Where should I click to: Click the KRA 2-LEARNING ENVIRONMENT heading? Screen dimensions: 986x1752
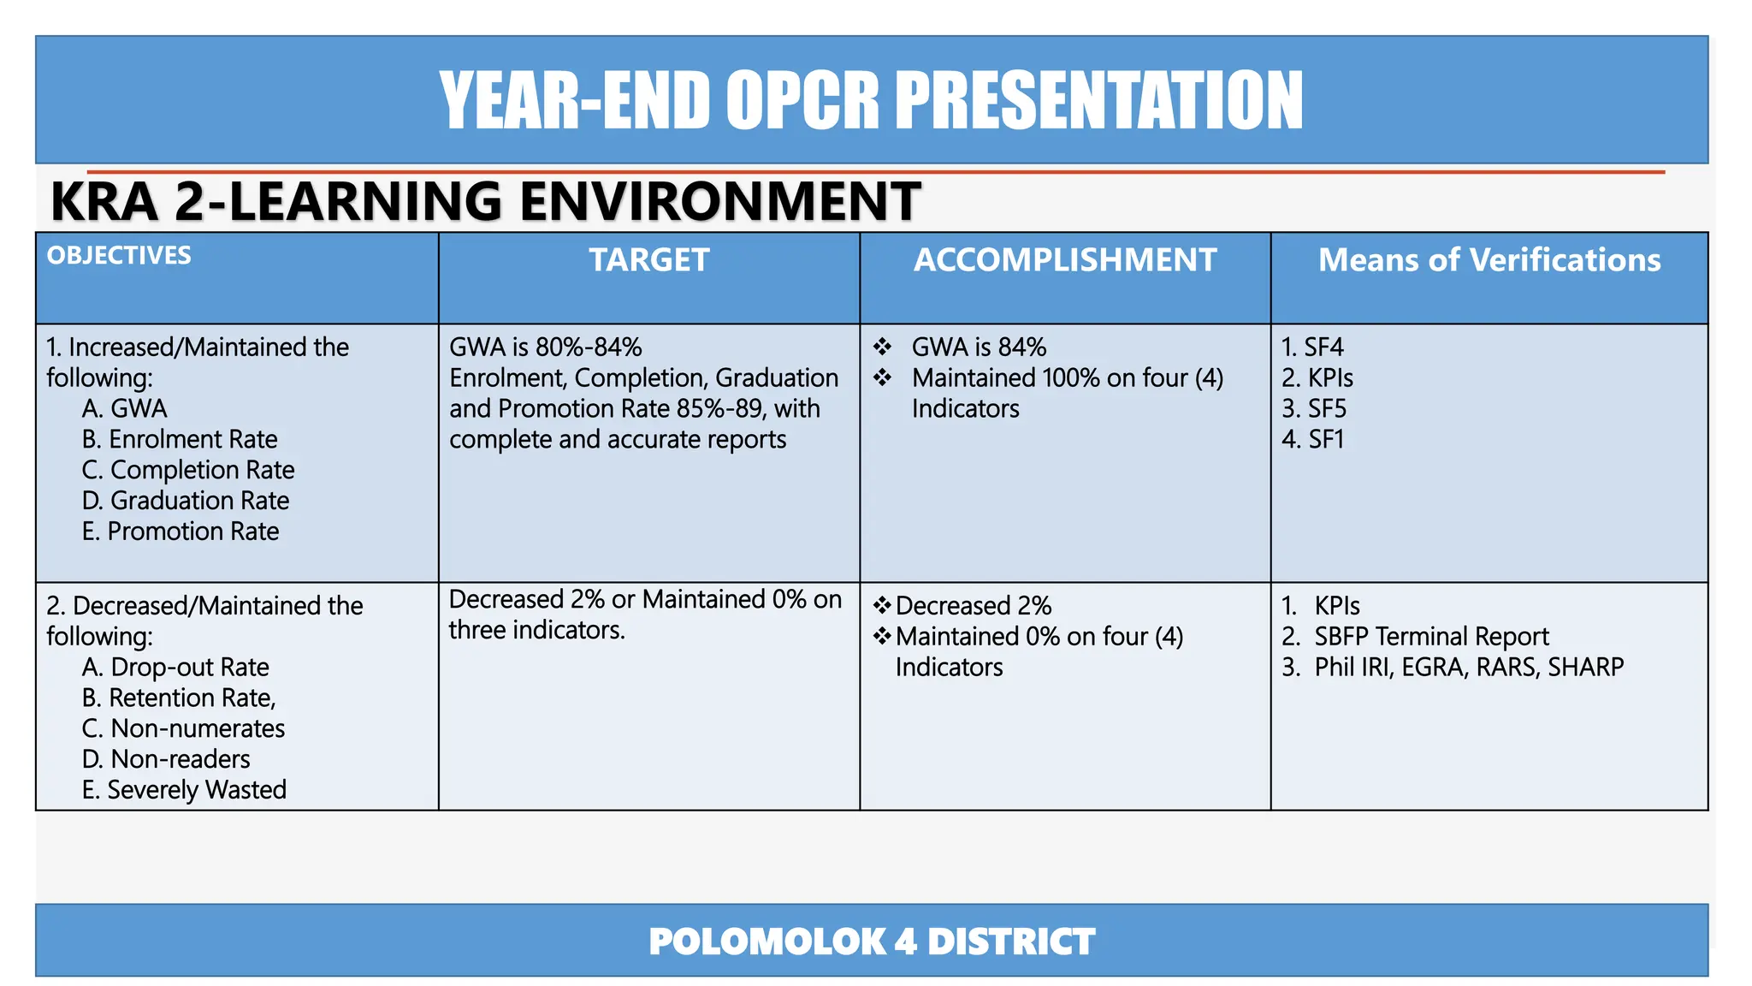(x=485, y=202)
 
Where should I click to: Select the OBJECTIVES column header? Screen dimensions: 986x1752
(x=119, y=256)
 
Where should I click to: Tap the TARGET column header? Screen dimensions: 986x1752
(x=648, y=260)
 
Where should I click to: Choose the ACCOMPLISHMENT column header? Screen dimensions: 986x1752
(x=1064, y=260)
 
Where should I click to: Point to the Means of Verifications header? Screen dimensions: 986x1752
(x=1489, y=260)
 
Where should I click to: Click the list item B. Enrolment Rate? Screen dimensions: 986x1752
(x=180, y=440)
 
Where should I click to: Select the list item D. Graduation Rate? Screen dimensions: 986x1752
(x=186, y=501)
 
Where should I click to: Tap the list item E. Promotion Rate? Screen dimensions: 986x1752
(x=181, y=532)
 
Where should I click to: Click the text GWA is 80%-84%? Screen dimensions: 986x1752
(x=546, y=347)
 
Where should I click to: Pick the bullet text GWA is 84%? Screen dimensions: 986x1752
(x=979, y=347)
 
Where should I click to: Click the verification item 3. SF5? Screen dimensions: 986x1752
(x=1314, y=409)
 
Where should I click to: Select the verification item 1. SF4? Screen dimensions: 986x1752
(x=1312, y=347)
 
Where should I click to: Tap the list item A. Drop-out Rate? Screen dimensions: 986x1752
(x=175, y=668)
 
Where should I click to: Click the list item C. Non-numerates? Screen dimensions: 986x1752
(x=183, y=729)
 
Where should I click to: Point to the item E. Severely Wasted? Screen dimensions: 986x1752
(x=184, y=790)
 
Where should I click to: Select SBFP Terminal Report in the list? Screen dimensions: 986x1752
(x=1431, y=637)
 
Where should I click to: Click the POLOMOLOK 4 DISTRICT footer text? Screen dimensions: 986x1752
(x=871, y=941)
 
